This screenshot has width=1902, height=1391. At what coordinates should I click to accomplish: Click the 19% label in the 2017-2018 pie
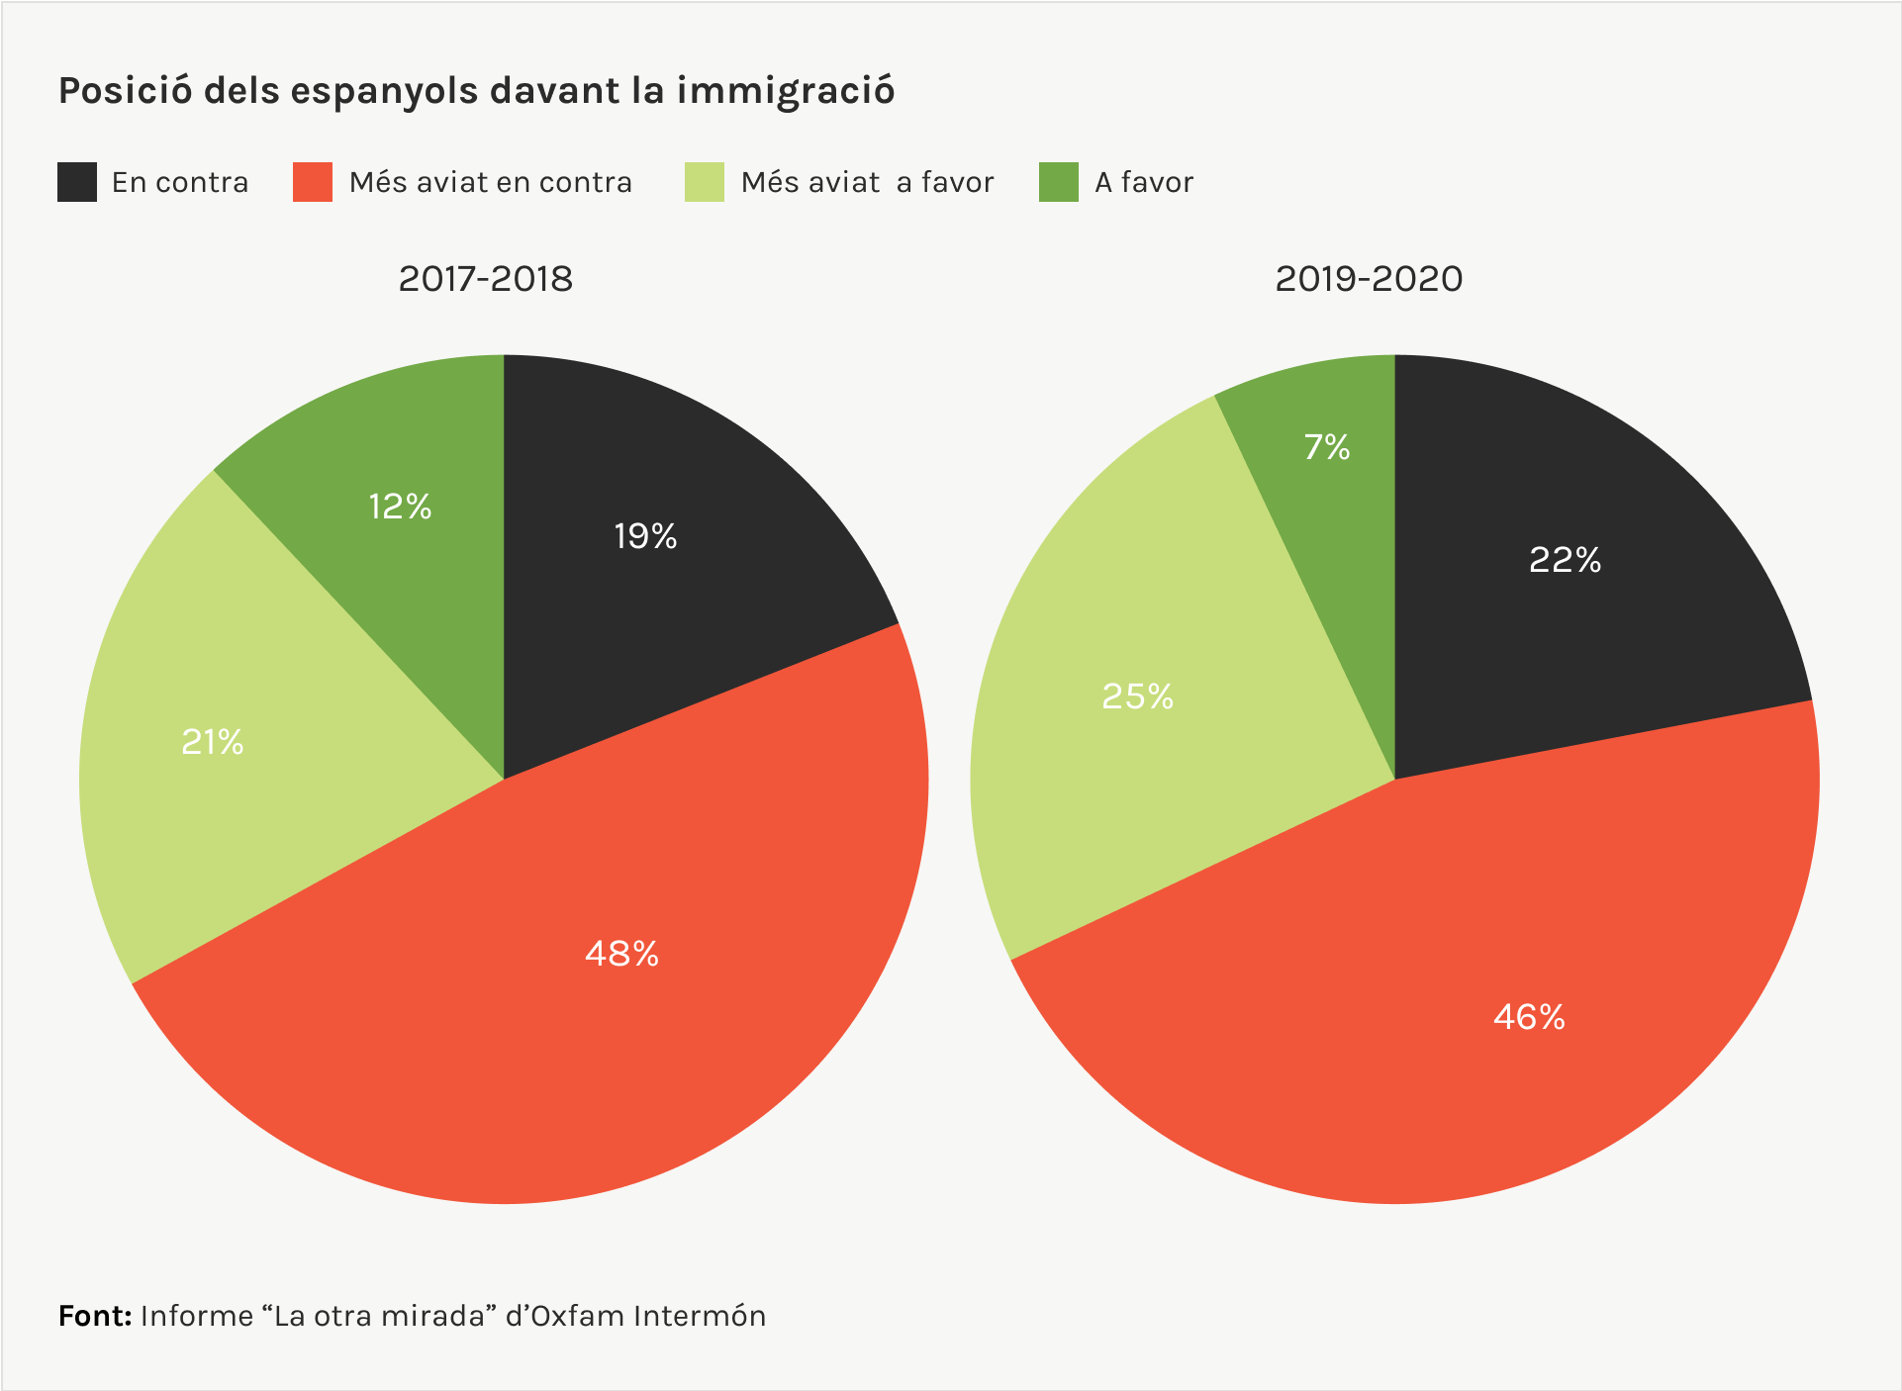(x=645, y=536)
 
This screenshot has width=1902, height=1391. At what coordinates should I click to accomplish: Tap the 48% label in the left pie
(x=621, y=954)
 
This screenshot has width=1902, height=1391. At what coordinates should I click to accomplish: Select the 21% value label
(x=212, y=742)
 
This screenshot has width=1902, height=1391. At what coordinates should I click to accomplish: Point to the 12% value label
(x=400, y=507)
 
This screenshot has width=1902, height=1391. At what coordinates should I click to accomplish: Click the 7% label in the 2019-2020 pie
(x=1326, y=447)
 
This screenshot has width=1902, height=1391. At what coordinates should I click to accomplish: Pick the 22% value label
(x=1565, y=560)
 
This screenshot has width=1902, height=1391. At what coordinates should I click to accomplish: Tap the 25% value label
(x=1137, y=696)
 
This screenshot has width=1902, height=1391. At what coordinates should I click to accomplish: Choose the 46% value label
(x=1529, y=1017)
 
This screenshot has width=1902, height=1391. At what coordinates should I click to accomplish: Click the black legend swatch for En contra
(x=77, y=182)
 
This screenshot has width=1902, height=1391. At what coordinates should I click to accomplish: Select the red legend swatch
(x=313, y=182)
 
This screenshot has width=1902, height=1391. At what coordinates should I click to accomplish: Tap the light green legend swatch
(x=705, y=182)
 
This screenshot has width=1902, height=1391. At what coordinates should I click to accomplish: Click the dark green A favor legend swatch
(x=1059, y=182)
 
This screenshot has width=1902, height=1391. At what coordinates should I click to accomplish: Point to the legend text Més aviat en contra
(x=490, y=182)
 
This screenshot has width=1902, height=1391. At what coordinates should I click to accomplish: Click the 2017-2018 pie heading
(x=485, y=279)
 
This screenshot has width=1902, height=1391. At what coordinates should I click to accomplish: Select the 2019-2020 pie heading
(x=1369, y=279)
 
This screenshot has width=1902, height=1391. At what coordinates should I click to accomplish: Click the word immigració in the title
(x=786, y=91)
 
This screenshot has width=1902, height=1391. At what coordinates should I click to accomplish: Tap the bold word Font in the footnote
(x=94, y=1316)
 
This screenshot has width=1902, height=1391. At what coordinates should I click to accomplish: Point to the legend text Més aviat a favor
(x=867, y=182)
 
